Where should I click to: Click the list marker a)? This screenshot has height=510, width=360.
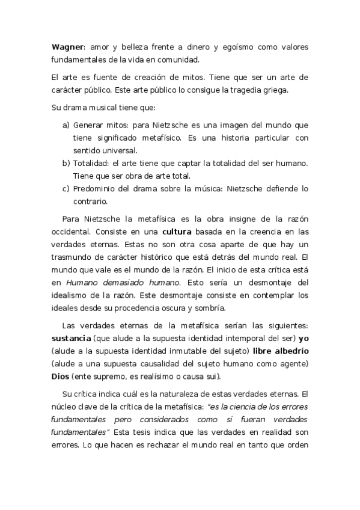click(66, 125)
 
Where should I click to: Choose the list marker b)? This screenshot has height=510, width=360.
click(66, 163)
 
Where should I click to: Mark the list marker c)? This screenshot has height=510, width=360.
click(66, 188)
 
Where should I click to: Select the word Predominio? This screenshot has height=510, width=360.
click(98, 188)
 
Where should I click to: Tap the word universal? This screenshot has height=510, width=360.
click(120, 150)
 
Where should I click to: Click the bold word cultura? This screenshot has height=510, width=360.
click(181, 232)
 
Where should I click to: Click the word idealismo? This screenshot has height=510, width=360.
click(72, 295)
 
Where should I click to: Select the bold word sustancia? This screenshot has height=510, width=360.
click(72, 339)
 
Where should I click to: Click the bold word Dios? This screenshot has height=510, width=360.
click(60, 376)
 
